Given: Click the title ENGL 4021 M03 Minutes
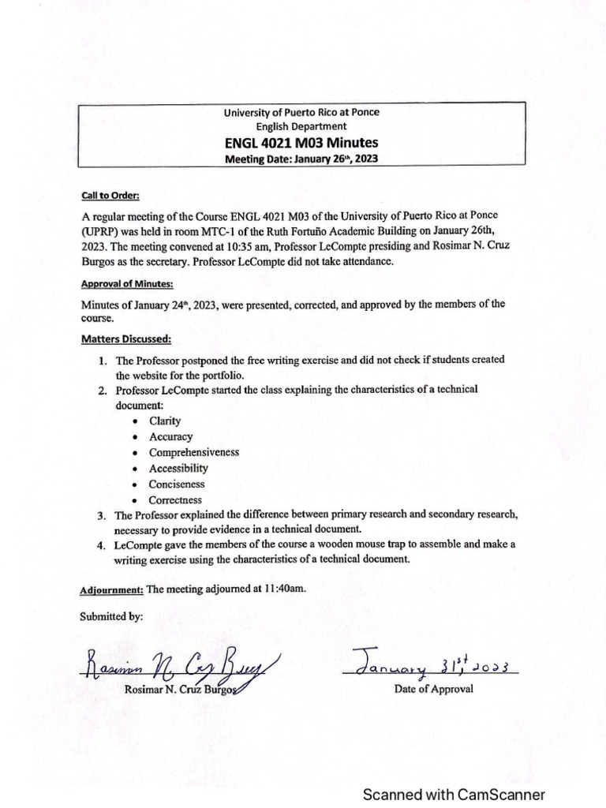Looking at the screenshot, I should pos(301,143).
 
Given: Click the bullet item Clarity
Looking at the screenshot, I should pos(165,421).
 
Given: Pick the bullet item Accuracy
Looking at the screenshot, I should pos(170,436).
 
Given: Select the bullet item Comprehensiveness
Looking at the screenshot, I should pos(194,452).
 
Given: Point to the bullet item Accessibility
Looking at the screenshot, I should pos(178,468).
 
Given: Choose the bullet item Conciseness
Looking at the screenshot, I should pos(177,484).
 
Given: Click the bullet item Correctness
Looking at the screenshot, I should pos(175,499).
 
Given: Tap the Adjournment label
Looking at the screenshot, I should pos(111,589).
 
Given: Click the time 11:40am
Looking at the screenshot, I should pos(285,589).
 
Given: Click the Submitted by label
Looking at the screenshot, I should pos(111,617).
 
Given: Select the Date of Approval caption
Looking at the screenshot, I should pos(433,688).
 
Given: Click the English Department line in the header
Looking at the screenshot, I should pos(301,126).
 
